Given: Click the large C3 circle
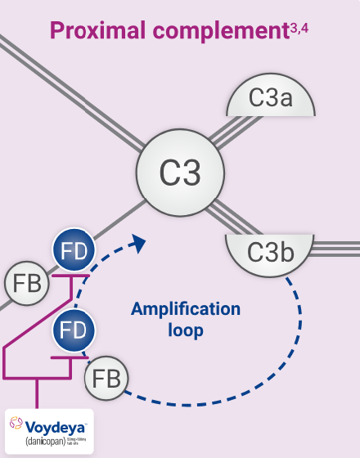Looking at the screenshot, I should [x=179, y=173].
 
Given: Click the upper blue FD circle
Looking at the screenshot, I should [x=74, y=249].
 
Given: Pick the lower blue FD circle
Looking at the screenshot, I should [x=74, y=332].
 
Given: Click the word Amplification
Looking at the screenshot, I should [x=186, y=309].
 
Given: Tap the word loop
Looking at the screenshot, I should [x=186, y=332].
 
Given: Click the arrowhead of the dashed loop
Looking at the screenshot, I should [x=138, y=244].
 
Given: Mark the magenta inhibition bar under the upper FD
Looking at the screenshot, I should [x=71, y=276].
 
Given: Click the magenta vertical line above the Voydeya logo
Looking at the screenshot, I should [x=36, y=393].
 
